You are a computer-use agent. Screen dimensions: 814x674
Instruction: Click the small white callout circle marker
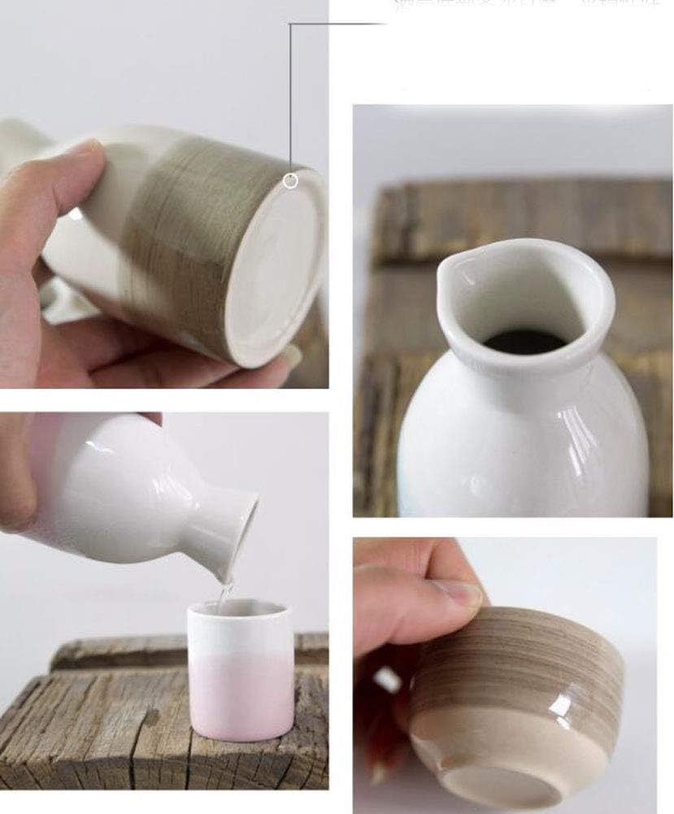290,181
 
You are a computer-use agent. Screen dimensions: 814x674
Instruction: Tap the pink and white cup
241,670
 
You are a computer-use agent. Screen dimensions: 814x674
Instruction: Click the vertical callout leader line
290,98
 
